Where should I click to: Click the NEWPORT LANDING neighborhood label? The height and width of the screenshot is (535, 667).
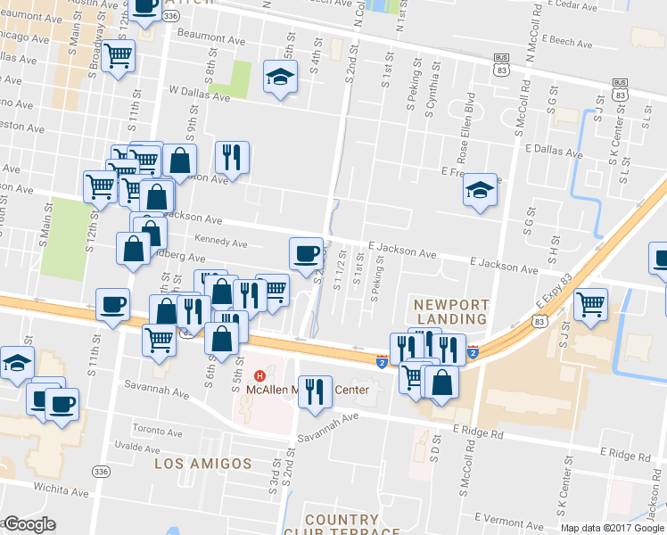(450, 311)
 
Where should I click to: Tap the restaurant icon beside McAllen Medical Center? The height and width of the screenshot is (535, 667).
(313, 391)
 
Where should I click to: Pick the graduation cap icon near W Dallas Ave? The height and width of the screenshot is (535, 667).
(280, 77)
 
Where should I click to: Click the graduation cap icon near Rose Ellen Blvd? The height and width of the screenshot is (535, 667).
(480, 189)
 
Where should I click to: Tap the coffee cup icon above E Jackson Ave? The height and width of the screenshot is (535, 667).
(306, 252)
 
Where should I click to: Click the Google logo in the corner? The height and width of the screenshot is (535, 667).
(29, 524)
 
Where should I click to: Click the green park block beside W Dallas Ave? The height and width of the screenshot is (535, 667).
(238, 78)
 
